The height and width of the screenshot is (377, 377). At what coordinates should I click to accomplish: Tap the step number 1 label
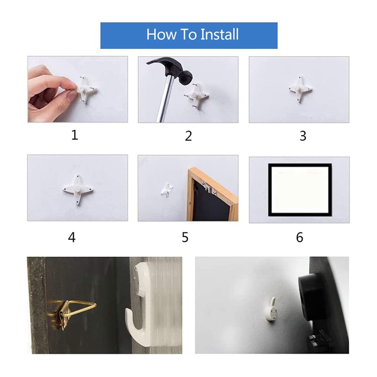coord(74,135)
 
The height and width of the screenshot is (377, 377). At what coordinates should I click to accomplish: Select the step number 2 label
coord(188,136)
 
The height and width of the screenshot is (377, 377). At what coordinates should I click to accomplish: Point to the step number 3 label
coord(303,136)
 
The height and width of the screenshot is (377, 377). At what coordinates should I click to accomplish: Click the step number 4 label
coord(72,237)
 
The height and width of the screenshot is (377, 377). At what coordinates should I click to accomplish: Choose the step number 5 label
coord(185,237)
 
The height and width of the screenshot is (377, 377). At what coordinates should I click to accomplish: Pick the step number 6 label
coord(300,237)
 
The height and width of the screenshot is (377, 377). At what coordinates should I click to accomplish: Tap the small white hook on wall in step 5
coord(166,189)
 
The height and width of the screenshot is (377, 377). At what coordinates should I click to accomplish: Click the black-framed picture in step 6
coord(300,189)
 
